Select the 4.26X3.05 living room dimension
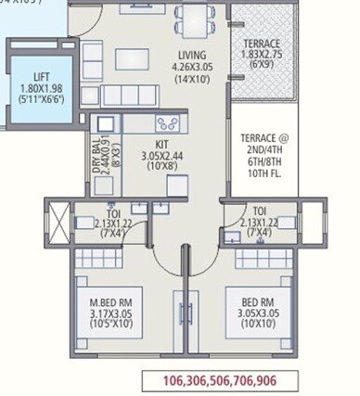click(x=193, y=67)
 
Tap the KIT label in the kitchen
click(x=161, y=144)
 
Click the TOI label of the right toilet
click(x=261, y=211)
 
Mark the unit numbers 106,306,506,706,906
click(x=219, y=380)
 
